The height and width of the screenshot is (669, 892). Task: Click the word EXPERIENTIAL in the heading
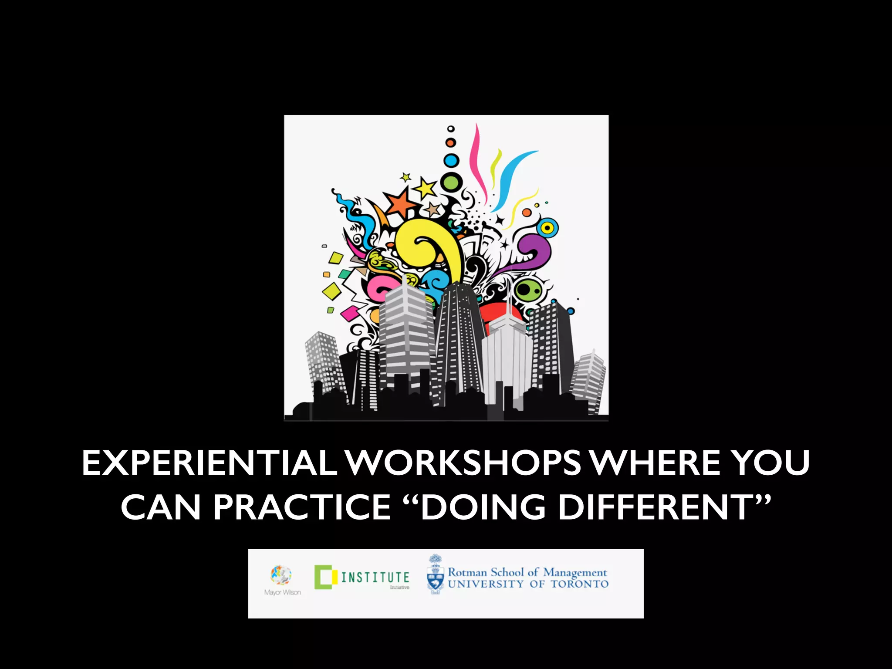pos(209,463)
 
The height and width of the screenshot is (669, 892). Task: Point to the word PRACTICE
pos(301,507)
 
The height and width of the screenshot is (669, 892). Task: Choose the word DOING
pos(483,507)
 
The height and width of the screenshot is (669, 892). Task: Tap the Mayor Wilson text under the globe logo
pos(282,592)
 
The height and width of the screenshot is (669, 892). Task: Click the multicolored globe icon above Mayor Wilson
pos(281,575)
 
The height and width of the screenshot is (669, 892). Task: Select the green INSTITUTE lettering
pos(375,578)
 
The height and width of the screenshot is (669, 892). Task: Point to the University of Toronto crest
pos(435,575)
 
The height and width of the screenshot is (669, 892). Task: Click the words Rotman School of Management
pos(527,572)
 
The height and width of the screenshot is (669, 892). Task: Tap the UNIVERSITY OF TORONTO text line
pos(528,584)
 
